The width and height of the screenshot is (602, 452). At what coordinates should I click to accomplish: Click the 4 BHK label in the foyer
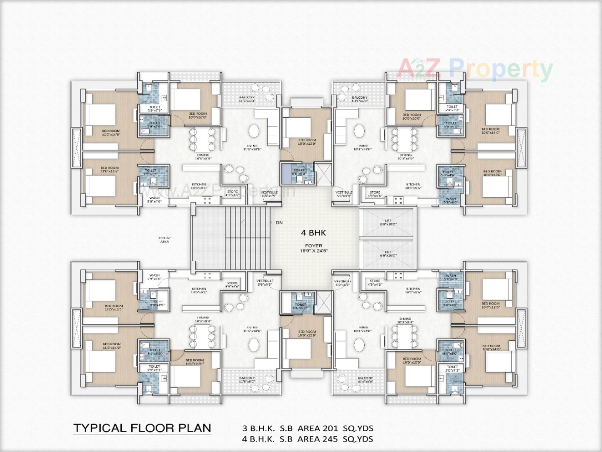pyautogui.click(x=313, y=233)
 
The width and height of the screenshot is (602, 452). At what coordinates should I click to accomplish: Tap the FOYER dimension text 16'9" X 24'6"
pyautogui.click(x=313, y=251)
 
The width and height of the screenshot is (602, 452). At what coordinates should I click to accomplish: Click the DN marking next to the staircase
pyautogui.click(x=279, y=223)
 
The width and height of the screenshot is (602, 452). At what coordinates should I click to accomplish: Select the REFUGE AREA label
pyautogui.click(x=165, y=240)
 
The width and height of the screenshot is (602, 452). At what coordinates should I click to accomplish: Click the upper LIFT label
pyautogui.click(x=388, y=221)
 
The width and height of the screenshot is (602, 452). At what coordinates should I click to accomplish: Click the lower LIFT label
pyautogui.click(x=388, y=252)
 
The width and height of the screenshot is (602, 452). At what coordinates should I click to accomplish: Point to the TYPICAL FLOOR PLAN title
pyautogui.click(x=142, y=428)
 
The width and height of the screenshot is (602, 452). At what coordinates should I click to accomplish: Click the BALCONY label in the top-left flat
pyautogui.click(x=247, y=98)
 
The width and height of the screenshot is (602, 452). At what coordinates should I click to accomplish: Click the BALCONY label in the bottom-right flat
pyautogui.click(x=365, y=378)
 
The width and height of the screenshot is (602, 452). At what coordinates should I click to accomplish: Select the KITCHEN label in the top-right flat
pyautogui.click(x=413, y=184)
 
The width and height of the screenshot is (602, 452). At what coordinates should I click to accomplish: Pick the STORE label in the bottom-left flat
pyautogui.click(x=232, y=283)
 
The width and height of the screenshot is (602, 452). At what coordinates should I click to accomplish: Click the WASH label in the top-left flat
pyautogui.click(x=154, y=198)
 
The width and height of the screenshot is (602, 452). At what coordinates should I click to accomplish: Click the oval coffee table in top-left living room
pyautogui.click(x=254, y=131)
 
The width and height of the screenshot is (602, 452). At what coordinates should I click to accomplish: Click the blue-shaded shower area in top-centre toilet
pyautogui.click(x=286, y=173)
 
